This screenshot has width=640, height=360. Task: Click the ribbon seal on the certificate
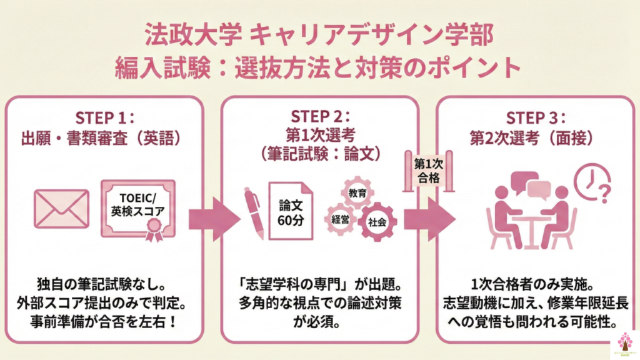point(152,233)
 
